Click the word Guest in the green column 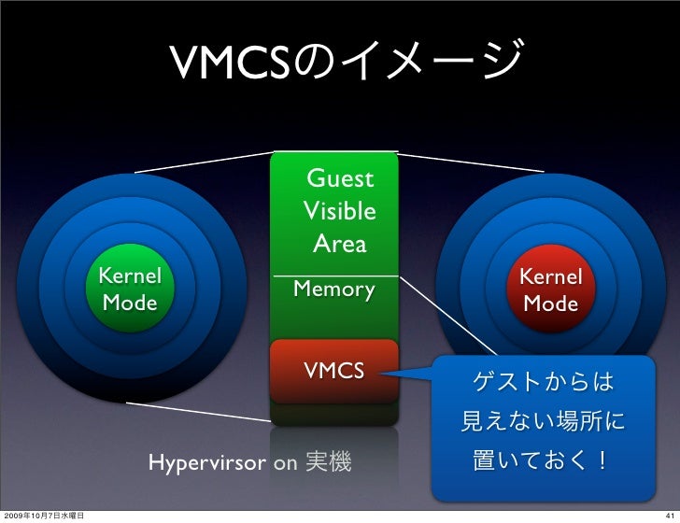tap(340, 178)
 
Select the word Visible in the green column tap(340, 212)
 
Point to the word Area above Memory tap(340, 245)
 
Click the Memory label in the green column tap(334, 290)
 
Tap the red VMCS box tap(334, 372)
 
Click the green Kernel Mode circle tap(131, 290)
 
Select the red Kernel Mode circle tap(551, 290)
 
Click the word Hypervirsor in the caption tap(207, 462)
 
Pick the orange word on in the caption tap(285, 462)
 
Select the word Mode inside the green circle tap(130, 304)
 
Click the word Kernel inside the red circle tap(551, 277)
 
